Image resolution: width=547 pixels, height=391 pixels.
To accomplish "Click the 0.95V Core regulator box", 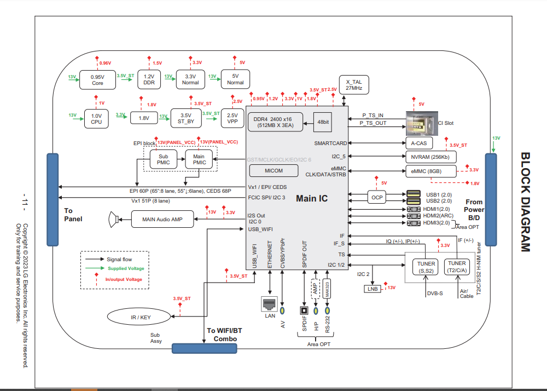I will (97, 80).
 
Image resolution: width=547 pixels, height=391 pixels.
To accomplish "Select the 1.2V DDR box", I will (149, 80).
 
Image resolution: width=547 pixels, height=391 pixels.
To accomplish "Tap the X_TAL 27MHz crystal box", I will (354, 84).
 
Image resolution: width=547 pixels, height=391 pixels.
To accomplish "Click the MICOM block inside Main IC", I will (273, 170).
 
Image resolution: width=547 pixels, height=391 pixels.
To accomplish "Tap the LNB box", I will (373, 289).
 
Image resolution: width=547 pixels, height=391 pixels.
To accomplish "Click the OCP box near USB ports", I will (377, 197).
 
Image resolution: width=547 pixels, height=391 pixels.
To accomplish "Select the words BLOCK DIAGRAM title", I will (525, 202).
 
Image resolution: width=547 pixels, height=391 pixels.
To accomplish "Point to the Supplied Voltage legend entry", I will (125, 268).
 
